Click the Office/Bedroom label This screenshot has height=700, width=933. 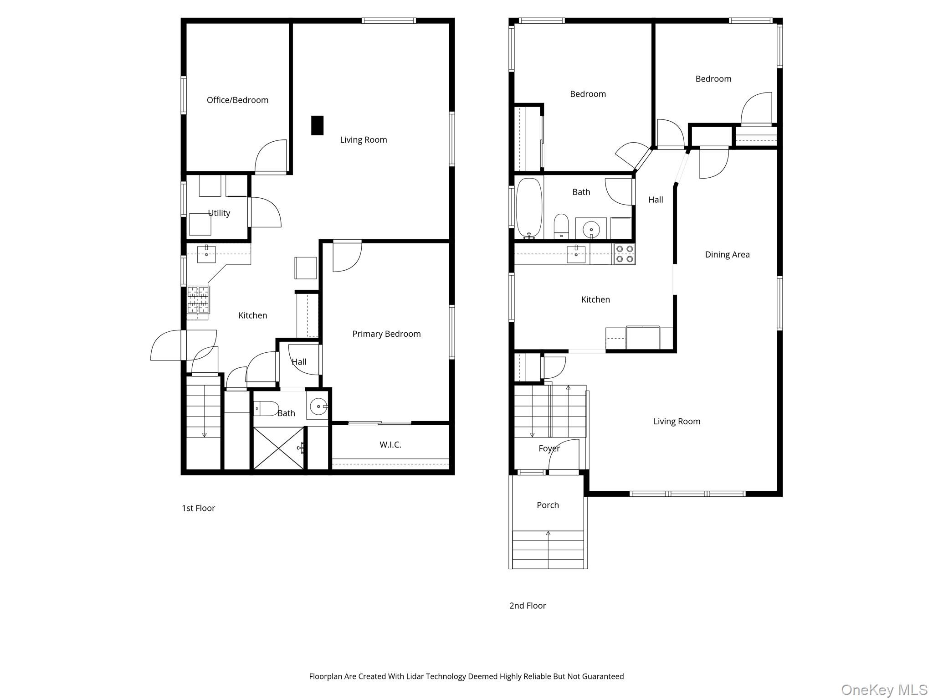(237, 100)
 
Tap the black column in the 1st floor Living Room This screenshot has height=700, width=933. (317, 125)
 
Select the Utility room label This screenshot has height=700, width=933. (219, 213)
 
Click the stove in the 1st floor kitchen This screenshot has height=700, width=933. (198, 299)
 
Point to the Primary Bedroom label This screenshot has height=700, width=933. (386, 334)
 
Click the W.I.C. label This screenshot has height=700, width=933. (390, 445)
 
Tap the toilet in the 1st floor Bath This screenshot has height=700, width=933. (267, 408)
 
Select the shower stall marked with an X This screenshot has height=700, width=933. (278, 448)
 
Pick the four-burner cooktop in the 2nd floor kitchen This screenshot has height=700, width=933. (624, 254)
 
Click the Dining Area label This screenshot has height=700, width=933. (727, 255)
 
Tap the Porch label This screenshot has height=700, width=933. (548, 505)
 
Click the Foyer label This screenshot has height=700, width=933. (549, 448)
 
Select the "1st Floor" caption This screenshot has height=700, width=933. (198, 508)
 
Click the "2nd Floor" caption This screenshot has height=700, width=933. (528, 606)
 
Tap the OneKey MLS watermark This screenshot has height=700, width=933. (884, 690)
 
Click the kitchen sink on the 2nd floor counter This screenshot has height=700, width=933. (576, 254)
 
